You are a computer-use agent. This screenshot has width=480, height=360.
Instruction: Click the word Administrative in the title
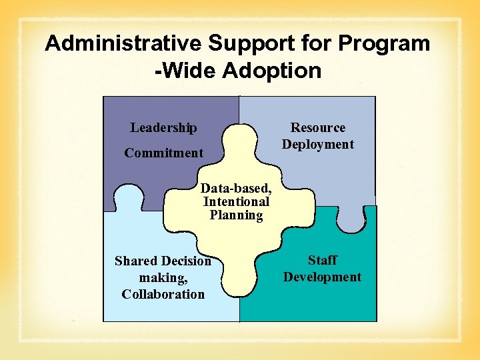point(123,44)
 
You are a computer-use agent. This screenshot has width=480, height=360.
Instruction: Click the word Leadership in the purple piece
point(163,127)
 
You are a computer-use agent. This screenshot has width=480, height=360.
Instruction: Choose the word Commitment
point(163,153)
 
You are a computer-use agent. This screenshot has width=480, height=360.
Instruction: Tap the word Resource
point(318,127)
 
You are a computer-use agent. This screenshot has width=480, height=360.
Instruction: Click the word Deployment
point(318,145)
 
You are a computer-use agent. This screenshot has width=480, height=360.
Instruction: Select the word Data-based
point(236,188)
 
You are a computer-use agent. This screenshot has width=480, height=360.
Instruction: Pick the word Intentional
point(236,201)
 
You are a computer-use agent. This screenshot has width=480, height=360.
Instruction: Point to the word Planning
point(236,215)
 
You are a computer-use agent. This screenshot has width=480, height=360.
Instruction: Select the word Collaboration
point(163,294)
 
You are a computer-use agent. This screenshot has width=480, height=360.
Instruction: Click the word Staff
point(322,260)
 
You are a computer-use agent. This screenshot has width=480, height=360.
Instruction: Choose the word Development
point(322,277)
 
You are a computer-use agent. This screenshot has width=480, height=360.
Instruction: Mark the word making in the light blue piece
point(161,277)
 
